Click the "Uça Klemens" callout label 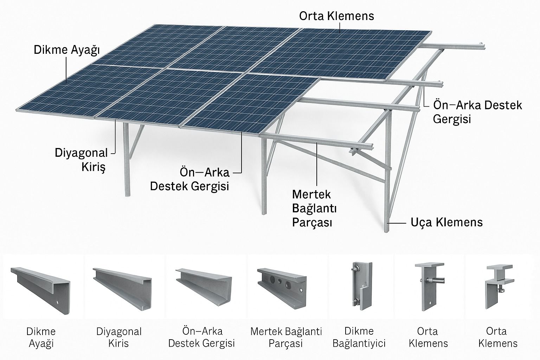[x=446, y=222]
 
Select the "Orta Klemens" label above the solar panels [x=336, y=16]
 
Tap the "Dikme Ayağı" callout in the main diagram [x=67, y=50]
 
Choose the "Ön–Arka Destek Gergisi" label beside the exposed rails [x=477, y=112]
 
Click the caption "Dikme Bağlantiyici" [x=359, y=337]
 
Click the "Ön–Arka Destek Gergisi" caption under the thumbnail [x=201, y=337]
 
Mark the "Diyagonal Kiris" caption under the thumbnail [x=119, y=337]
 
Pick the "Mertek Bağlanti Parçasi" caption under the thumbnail [x=286, y=337]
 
